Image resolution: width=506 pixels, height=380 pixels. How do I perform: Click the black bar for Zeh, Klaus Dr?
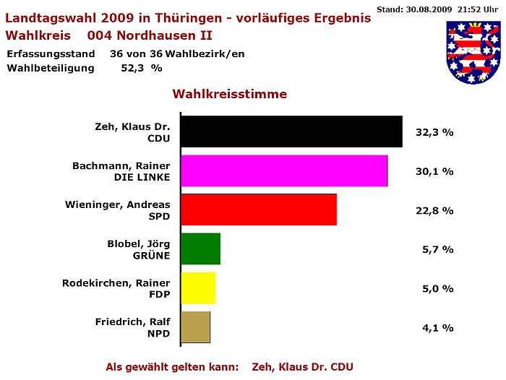click(291, 131)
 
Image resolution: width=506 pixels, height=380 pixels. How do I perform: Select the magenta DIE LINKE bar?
click(283, 170)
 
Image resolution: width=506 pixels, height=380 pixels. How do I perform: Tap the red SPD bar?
click(258, 210)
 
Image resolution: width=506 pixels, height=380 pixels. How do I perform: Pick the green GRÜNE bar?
click(200, 249)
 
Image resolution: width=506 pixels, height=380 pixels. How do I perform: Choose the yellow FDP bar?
click(198, 288)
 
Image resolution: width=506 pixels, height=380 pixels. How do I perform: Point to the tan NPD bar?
click(195, 327)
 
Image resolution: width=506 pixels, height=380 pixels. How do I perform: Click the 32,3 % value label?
click(434, 133)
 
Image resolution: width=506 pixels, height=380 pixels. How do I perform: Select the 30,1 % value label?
click(434, 172)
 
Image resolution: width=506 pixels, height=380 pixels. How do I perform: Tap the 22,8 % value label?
click(434, 211)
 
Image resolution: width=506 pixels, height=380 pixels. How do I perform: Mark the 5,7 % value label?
click(437, 250)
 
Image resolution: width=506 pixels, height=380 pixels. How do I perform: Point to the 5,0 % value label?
click(437, 289)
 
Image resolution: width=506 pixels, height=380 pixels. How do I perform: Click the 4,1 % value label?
click(437, 328)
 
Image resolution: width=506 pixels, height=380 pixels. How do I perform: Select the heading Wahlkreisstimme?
click(229, 95)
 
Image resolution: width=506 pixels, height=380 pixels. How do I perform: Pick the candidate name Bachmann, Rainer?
click(121, 165)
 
